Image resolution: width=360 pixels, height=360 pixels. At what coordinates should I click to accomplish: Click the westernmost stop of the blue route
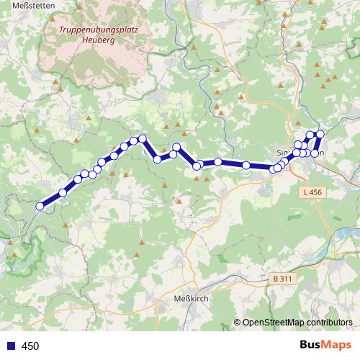(x=40, y=206)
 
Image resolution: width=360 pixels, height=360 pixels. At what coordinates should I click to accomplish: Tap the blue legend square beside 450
(x=9, y=346)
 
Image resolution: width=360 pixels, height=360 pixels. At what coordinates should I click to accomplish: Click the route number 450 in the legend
(x=30, y=346)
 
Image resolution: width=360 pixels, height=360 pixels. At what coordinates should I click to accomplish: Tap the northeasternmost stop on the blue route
(x=320, y=134)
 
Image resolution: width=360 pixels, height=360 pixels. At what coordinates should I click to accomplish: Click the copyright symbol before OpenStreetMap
(x=237, y=323)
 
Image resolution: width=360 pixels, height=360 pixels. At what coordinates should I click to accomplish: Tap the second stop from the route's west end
(x=63, y=193)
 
